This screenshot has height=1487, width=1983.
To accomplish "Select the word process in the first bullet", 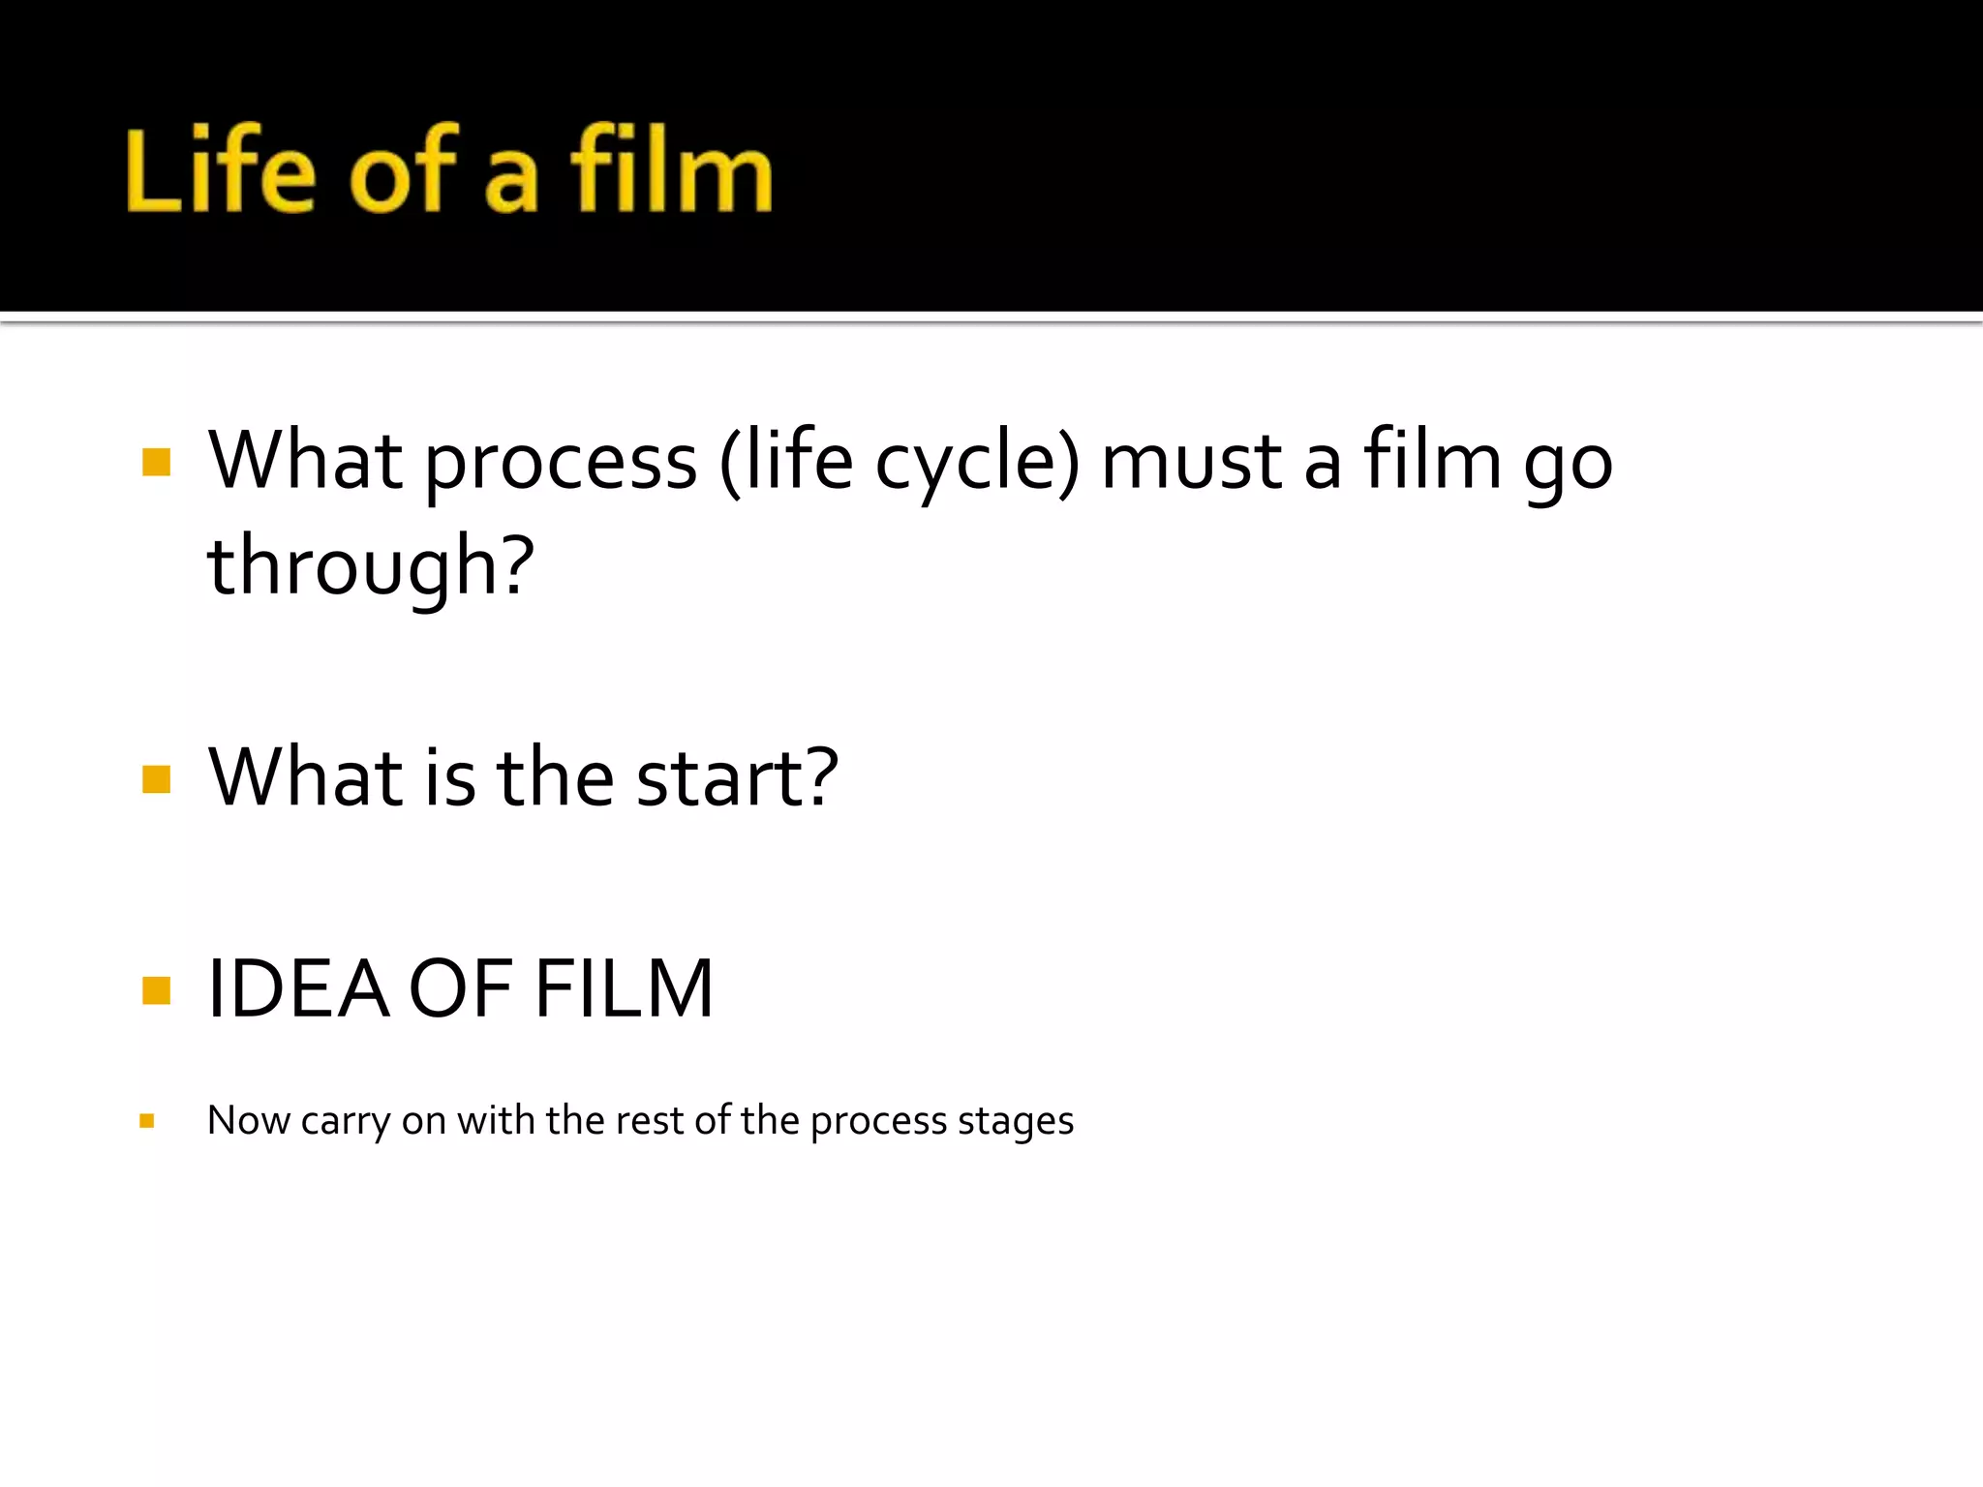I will pyautogui.click(x=561, y=463).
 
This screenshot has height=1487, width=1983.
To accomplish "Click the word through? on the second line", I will pyautogui.click(x=371, y=567).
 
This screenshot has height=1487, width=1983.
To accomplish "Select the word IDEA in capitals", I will pyautogui.click(x=298, y=989).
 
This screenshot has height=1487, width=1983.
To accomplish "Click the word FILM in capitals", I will pyautogui.click(x=625, y=989).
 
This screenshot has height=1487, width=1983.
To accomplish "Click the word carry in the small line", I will pyautogui.click(x=346, y=1121).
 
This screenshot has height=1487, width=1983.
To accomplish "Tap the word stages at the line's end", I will pyautogui.click(x=1016, y=1121).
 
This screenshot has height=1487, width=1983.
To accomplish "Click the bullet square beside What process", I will pyautogui.click(x=156, y=463).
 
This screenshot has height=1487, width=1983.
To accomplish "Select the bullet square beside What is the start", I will pyautogui.click(x=156, y=779).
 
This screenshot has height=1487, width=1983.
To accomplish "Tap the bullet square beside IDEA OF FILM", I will pyautogui.click(x=156, y=990).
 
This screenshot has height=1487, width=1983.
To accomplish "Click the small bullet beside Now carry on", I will pyautogui.click(x=147, y=1121).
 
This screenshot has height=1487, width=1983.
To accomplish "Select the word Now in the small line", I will pyautogui.click(x=249, y=1121).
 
